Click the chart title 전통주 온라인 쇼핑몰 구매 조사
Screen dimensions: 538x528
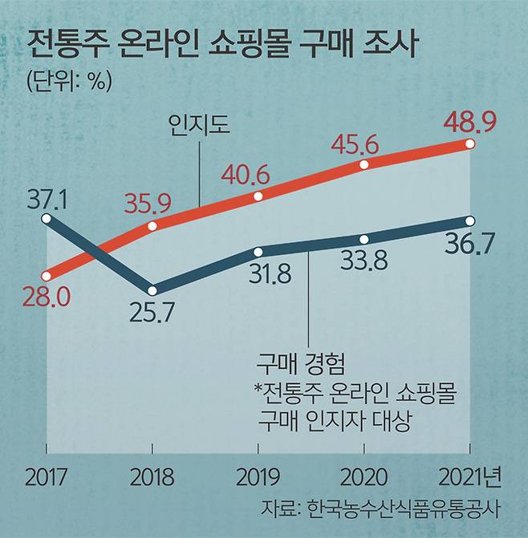(219, 46)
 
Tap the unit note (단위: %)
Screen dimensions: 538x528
(67, 82)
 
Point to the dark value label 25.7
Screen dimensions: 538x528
(152, 311)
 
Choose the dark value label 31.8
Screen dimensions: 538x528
(258, 273)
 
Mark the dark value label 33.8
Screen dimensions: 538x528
(364, 260)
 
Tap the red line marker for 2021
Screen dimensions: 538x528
(470, 144)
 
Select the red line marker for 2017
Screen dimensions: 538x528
(47, 274)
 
